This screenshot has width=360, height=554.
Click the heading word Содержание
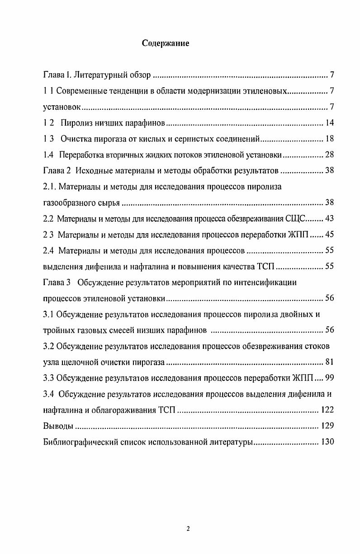166,44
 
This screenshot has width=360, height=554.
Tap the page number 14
329,123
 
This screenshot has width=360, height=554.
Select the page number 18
329,139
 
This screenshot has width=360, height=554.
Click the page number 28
329,155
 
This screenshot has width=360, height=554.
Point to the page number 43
329,219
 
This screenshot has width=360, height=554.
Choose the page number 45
329,234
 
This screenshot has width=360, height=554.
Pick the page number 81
329,362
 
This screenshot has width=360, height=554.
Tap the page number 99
329,378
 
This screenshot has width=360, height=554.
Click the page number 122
327,410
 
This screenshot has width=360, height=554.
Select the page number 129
327,426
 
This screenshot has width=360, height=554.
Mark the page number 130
327,442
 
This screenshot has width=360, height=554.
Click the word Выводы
57,426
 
